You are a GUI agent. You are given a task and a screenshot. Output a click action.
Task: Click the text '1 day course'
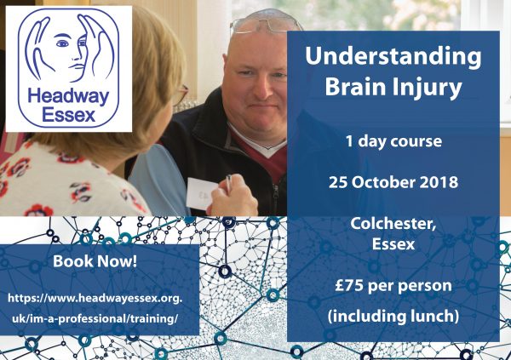click(x=393, y=140)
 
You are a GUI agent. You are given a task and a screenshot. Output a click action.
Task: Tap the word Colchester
click(x=393, y=224)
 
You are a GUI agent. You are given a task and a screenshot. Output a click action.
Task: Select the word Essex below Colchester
click(x=393, y=244)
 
